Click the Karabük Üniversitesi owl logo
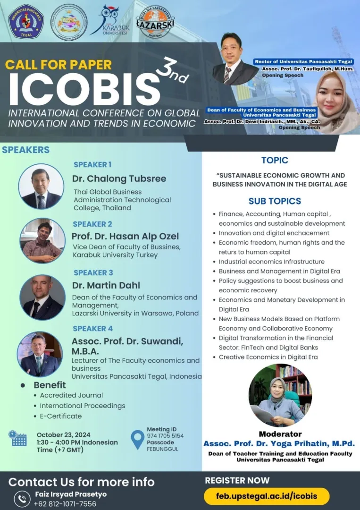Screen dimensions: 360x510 coord(110,20)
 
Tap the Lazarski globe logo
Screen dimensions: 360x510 coord(155,22)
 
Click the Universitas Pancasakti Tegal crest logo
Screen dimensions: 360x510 coord(26,22)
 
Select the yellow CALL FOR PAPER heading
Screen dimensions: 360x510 coord(59,64)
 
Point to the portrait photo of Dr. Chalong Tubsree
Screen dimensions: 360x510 coord(41,187)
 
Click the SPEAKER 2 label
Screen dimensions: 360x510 coord(92,224)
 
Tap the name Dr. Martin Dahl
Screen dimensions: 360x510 coord(106,285)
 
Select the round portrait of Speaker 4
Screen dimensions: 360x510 coord(40,354)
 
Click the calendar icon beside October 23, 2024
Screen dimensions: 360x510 coord(17,438)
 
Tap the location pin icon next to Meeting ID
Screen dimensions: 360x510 coord(137,440)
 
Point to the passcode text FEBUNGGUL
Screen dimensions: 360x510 coord(162,449)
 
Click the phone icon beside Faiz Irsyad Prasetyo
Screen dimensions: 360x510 coord(22,499)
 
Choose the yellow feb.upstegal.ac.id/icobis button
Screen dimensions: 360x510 coord(267,496)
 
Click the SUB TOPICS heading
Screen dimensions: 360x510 coord(275,201)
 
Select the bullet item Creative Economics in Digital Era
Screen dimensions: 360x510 coord(268,357)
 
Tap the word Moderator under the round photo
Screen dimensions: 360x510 coord(280,434)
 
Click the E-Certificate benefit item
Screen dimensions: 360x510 coord(61,416)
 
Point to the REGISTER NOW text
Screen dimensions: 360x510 coord(237,480)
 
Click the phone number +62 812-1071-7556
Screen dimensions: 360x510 coord(65,504)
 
